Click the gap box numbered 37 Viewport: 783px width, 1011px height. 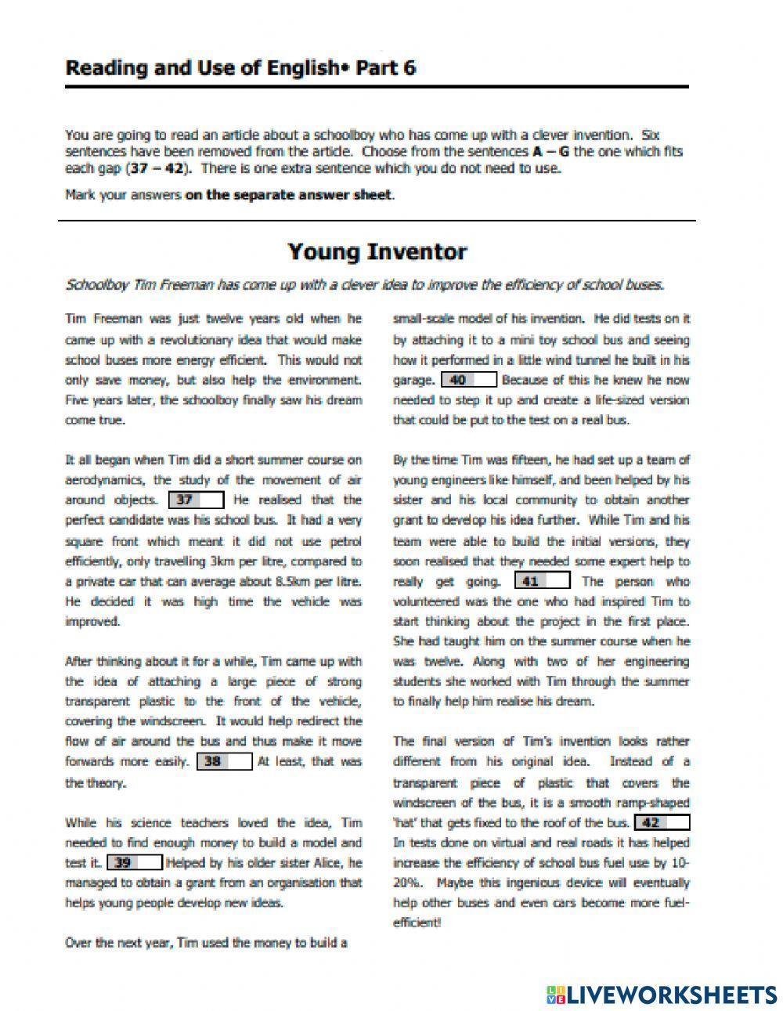196,500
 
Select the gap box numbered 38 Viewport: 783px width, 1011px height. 224,761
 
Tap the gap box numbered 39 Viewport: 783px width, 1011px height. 134,862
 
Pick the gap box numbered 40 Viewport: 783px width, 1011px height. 469,380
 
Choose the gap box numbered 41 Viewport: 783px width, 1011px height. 542,581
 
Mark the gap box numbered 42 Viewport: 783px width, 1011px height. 662,822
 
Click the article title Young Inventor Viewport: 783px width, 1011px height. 377,252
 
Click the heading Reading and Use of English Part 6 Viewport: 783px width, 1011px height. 240,68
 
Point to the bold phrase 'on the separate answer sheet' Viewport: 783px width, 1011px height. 289,195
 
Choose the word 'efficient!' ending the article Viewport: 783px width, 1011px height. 417,923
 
